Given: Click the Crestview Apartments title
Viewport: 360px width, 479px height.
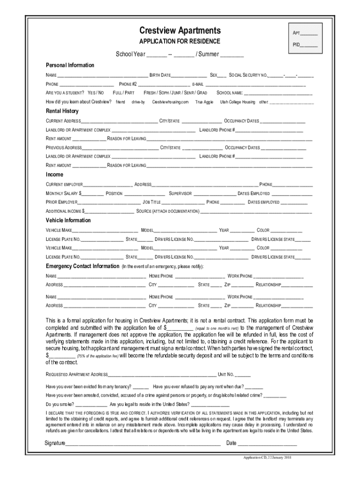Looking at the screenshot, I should [x=180, y=31].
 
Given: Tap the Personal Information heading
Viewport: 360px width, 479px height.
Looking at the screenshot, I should [x=70, y=65].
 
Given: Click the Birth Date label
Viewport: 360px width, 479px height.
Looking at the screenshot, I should [x=160, y=75].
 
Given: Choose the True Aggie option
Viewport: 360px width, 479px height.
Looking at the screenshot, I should [x=204, y=102].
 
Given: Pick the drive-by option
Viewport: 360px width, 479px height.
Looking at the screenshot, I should [x=138, y=102].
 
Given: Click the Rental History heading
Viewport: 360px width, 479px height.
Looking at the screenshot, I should [x=62, y=111].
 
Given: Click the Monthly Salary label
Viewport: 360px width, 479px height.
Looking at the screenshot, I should [x=64, y=194].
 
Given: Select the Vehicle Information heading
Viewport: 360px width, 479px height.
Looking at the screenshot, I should [x=68, y=220].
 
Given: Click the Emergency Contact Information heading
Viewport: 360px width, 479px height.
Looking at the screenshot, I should [x=82, y=266].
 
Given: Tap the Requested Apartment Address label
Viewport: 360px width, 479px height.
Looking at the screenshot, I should [x=77, y=375].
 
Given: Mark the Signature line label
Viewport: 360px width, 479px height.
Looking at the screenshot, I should [x=55, y=443].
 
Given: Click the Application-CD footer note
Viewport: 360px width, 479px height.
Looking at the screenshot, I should [x=264, y=457].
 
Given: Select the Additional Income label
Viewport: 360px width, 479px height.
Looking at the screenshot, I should [x=65, y=211].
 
